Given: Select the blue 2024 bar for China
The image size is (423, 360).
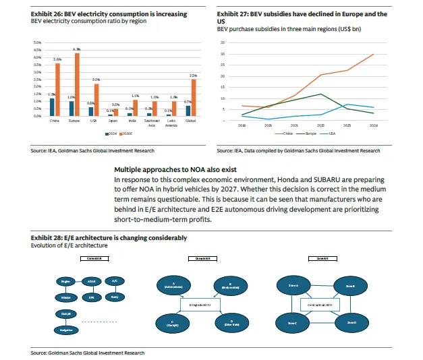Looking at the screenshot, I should click(52, 107).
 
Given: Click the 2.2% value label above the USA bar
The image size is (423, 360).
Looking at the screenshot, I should click(96, 79).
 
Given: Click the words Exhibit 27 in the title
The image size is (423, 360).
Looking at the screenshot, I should click(231, 13).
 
